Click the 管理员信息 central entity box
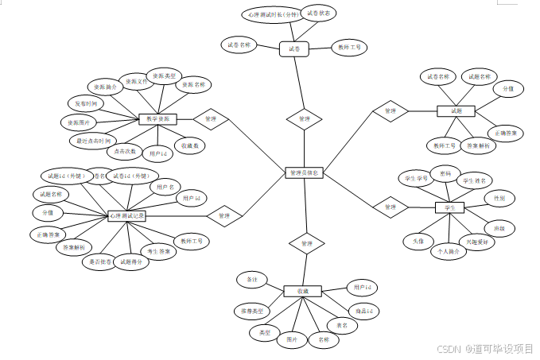click(304, 172)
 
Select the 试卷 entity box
click(293, 49)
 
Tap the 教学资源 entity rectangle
click(157, 119)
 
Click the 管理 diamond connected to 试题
click(390, 112)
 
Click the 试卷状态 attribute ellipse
click(318, 14)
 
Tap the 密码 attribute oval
click(445, 172)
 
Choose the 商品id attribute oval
click(363, 309)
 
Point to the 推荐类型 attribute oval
click(253, 308)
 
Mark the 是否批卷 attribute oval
click(101, 261)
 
